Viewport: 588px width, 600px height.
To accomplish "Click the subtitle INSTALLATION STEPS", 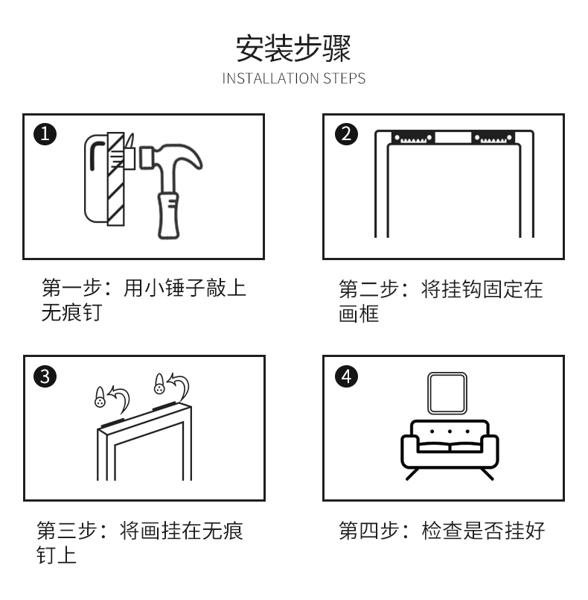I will [293, 78].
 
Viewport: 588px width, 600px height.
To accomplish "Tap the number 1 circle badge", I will [45, 135].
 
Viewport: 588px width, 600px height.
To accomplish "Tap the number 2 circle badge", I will [345, 135].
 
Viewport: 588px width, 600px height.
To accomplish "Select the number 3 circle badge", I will [45, 376].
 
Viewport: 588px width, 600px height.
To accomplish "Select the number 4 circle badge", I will [345, 376].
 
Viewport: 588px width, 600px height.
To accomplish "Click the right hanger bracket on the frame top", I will [493, 138].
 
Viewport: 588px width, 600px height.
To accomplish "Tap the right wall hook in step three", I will [158, 384].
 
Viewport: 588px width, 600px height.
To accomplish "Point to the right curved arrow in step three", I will [179, 385].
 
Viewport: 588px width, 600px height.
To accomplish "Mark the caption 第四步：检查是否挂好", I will [442, 531].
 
